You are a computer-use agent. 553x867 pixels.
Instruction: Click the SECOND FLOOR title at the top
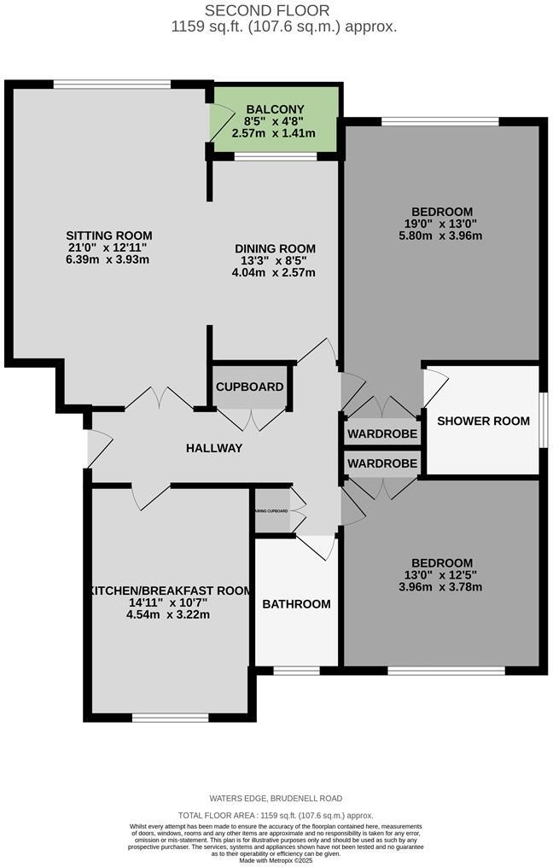point(276,10)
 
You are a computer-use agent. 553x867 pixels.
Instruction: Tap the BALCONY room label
point(274,109)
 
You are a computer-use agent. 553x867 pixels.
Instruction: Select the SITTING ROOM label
point(109,236)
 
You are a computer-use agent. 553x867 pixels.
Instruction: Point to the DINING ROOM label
point(275,248)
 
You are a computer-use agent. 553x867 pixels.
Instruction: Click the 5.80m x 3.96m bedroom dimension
point(441,236)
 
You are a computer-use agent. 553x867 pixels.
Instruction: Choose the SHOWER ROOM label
point(483,421)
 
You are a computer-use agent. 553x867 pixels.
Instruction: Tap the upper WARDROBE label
point(382,434)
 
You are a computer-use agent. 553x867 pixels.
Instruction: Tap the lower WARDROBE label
point(382,463)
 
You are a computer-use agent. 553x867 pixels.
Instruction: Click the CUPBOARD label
point(249,387)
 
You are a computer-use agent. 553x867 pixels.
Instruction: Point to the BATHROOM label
point(295,604)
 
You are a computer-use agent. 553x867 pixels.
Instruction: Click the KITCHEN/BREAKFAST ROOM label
point(168,590)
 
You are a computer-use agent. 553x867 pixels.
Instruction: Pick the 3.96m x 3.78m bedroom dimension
point(440,587)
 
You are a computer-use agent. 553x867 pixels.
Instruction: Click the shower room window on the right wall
point(543,420)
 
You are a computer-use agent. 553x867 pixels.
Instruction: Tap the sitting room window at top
point(111,84)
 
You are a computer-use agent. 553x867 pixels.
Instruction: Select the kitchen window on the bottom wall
point(170,717)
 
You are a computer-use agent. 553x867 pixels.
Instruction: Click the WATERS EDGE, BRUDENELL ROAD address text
point(276,799)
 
